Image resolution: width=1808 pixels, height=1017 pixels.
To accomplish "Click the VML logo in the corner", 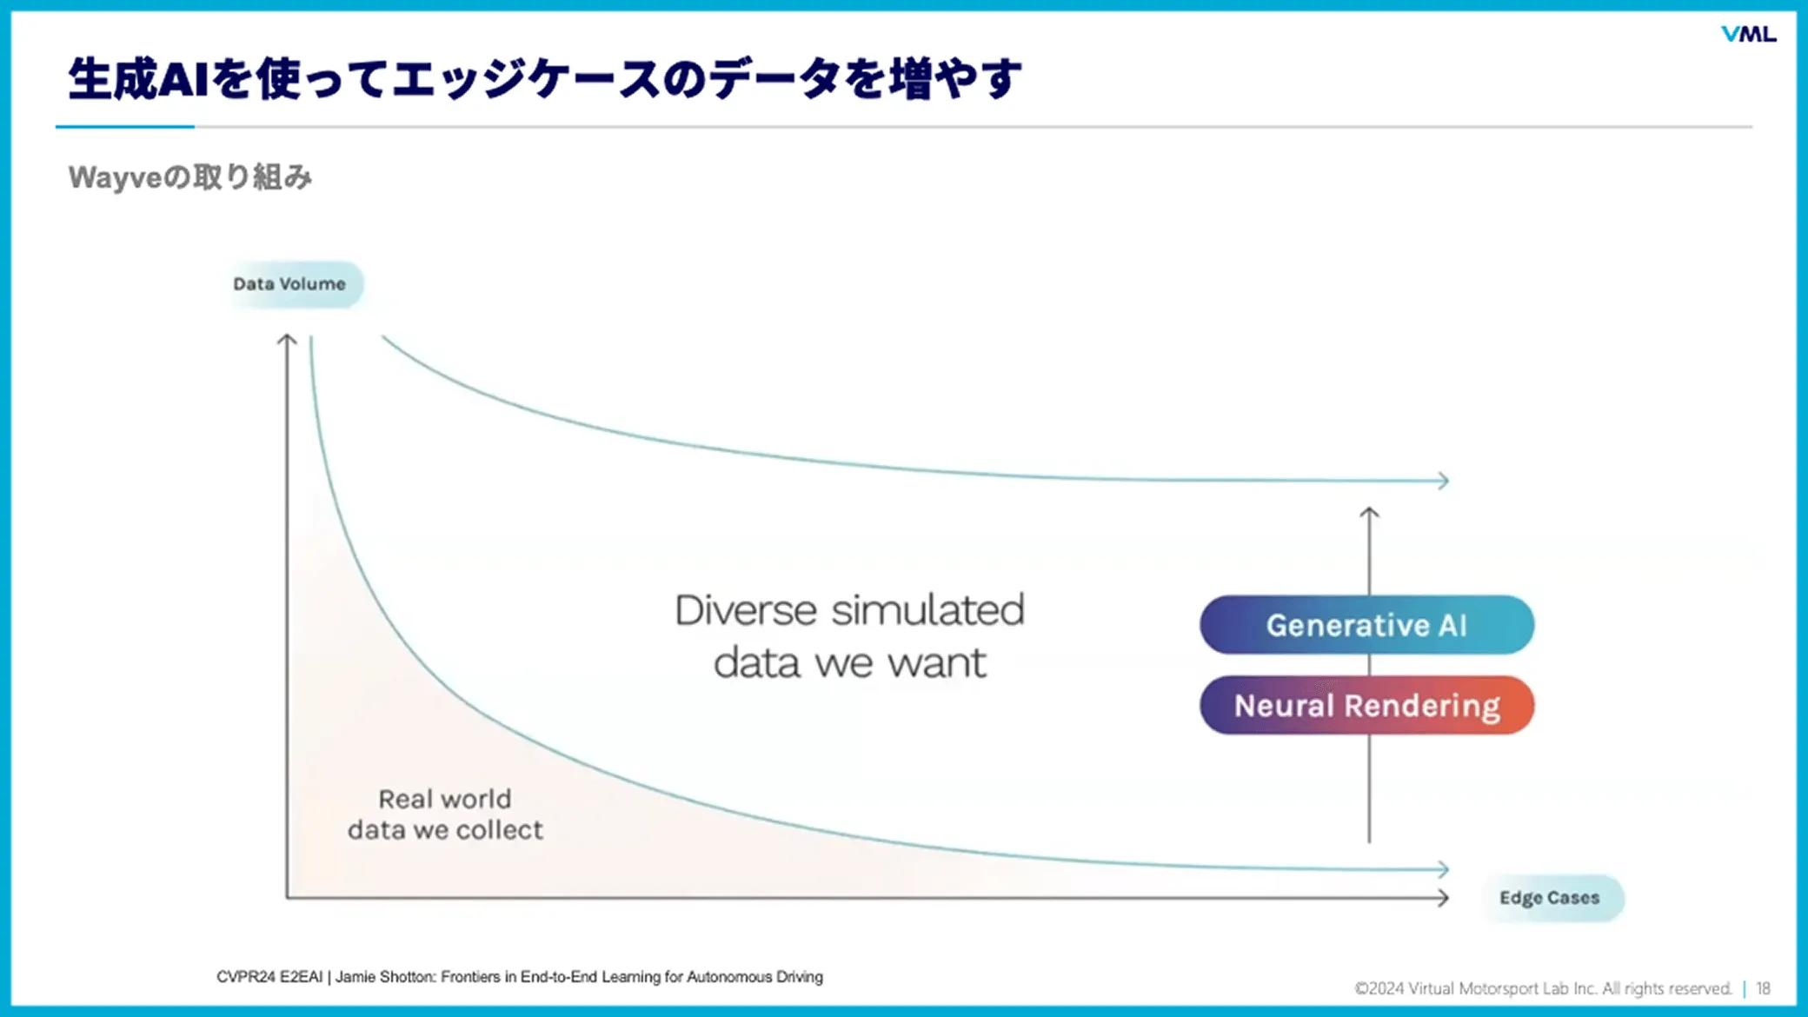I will pyautogui.click(x=1748, y=34).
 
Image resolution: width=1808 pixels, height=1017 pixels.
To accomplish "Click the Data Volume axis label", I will pyautogui.click(x=289, y=284).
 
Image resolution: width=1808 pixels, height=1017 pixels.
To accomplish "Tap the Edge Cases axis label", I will pyautogui.click(x=1549, y=898).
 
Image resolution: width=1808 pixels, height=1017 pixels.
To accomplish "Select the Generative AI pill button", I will pyautogui.click(x=1366, y=625).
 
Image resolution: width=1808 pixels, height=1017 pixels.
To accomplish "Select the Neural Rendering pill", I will pyautogui.click(x=1366, y=706).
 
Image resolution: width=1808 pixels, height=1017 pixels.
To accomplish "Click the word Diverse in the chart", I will pyautogui.click(x=745, y=610).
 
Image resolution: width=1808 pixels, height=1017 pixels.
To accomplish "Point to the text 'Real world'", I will pyautogui.click(x=445, y=799).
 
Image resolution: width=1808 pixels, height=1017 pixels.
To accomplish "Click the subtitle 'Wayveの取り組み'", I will pyautogui.click(x=189, y=177).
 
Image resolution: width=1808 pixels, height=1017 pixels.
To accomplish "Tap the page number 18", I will pyautogui.click(x=1763, y=988).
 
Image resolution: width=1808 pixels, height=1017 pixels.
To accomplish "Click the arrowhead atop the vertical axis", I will pyautogui.click(x=287, y=340).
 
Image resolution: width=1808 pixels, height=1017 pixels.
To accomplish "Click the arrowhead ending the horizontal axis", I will pyautogui.click(x=1443, y=898).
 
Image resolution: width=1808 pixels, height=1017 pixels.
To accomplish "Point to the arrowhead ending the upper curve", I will pyautogui.click(x=1443, y=481).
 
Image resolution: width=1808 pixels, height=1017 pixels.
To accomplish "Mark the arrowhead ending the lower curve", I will pyautogui.click(x=1443, y=869).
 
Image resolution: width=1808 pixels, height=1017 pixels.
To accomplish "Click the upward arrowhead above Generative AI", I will pyautogui.click(x=1369, y=513).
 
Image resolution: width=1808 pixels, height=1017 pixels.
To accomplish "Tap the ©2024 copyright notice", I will pyautogui.click(x=1542, y=988).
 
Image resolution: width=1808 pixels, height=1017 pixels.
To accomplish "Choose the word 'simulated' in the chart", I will pyautogui.click(x=927, y=610).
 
